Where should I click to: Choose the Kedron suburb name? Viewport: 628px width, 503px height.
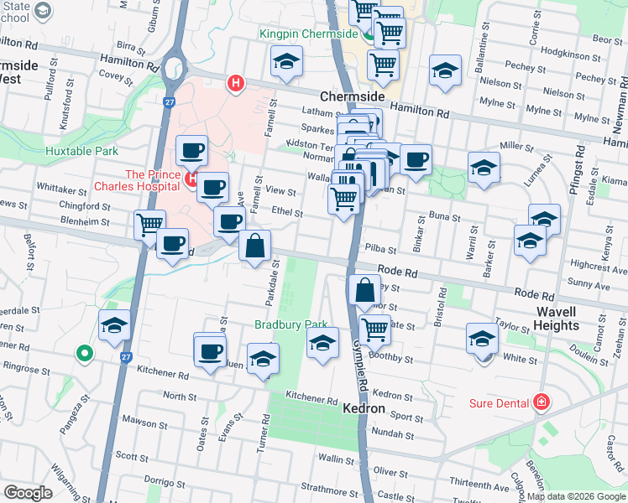point(364,408)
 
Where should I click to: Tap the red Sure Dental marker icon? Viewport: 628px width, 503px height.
point(542,402)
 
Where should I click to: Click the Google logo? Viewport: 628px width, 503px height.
point(28,493)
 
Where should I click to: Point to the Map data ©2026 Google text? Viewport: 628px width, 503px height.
point(575,496)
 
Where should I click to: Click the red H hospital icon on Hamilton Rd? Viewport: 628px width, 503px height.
point(236,83)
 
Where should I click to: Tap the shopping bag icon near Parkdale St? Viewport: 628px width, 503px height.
point(255,246)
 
